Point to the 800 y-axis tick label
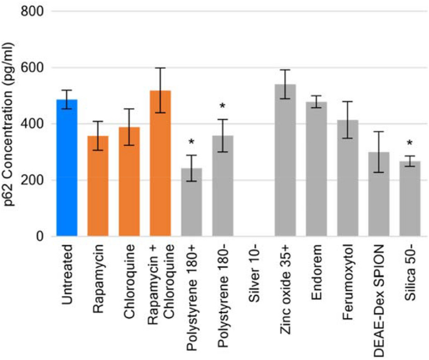click(x=33, y=11)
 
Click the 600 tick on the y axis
click(x=33, y=68)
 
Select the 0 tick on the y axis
click(x=39, y=237)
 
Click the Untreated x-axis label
click(x=67, y=275)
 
